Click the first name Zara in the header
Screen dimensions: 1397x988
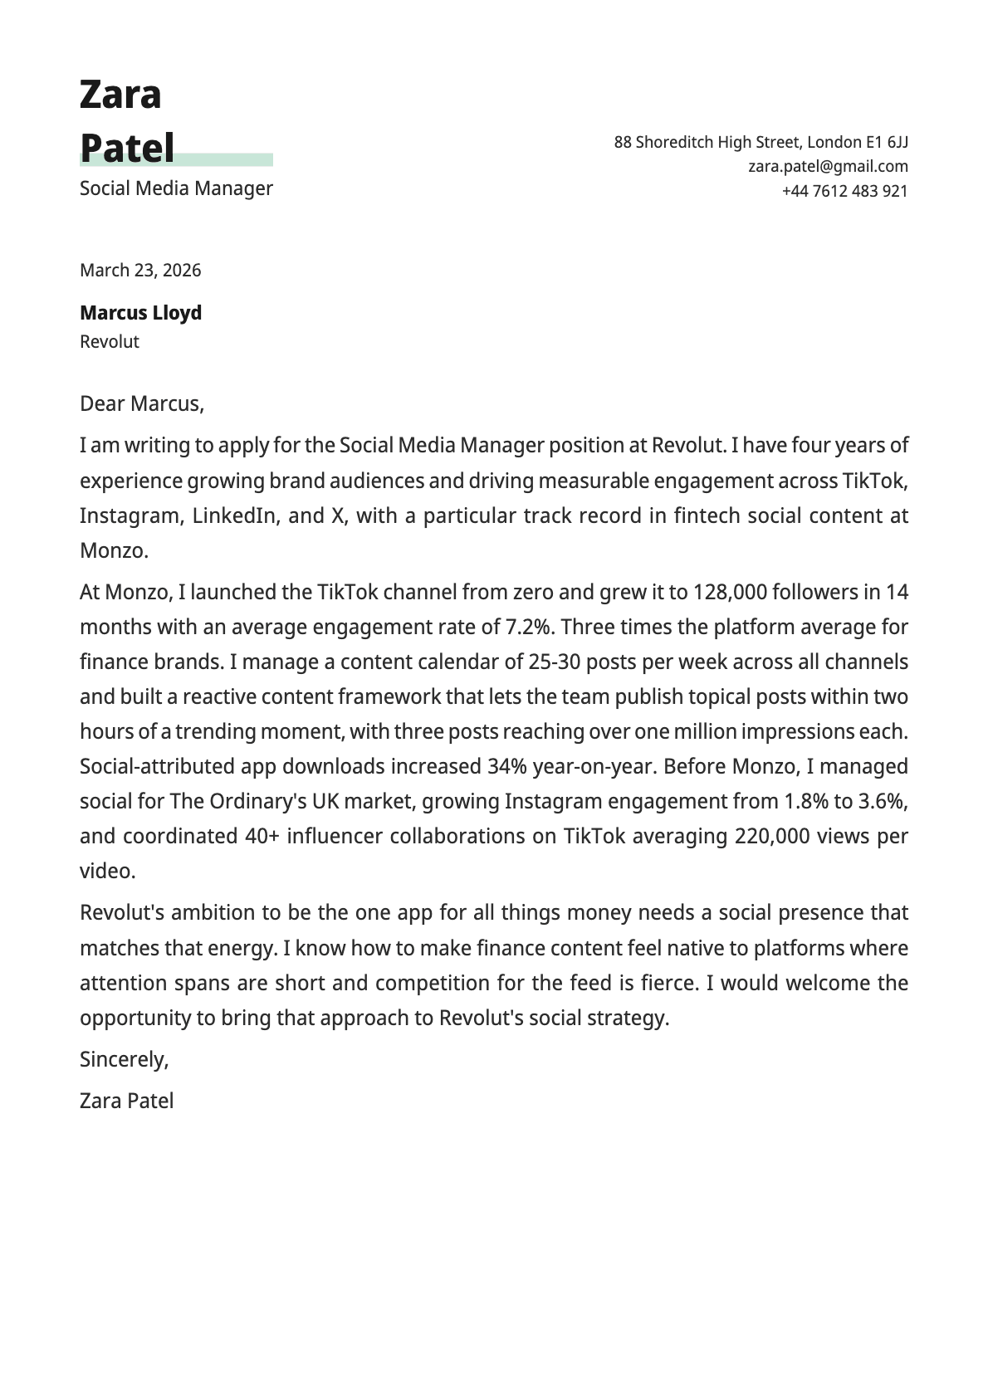click(120, 95)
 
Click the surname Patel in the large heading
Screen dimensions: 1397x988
click(127, 149)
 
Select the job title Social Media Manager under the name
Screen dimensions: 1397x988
click(176, 188)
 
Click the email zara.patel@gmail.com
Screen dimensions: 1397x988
click(828, 166)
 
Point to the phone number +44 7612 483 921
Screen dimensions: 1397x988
click(844, 191)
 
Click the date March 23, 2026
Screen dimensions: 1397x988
click(140, 271)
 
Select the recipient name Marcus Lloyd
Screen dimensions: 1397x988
click(140, 313)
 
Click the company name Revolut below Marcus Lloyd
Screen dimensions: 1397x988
click(110, 342)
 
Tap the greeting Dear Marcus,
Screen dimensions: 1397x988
click(141, 404)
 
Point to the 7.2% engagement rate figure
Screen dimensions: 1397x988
click(529, 628)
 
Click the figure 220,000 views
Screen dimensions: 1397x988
click(771, 837)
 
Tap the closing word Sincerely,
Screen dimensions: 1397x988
click(124, 1060)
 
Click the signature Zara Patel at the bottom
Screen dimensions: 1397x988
click(126, 1101)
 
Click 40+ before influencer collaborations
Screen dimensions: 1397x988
click(262, 837)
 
